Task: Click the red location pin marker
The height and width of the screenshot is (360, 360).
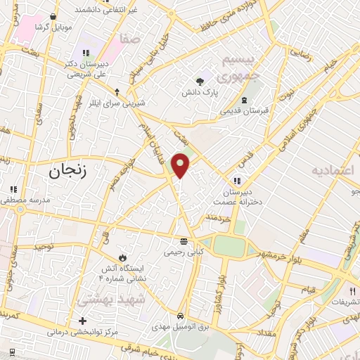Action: point(181,165)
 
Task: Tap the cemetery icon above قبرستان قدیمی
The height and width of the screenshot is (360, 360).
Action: point(244,99)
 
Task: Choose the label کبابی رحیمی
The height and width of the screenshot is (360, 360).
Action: point(184,251)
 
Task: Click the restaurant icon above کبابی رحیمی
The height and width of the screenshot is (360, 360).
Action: point(184,240)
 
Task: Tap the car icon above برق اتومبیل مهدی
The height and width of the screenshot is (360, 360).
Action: point(181,316)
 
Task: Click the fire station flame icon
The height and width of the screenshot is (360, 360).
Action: point(124,256)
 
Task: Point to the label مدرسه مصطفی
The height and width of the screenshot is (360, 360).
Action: point(24,200)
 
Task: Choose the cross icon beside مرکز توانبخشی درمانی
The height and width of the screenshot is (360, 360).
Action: point(83,321)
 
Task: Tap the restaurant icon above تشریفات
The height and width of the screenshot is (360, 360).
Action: point(352,290)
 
